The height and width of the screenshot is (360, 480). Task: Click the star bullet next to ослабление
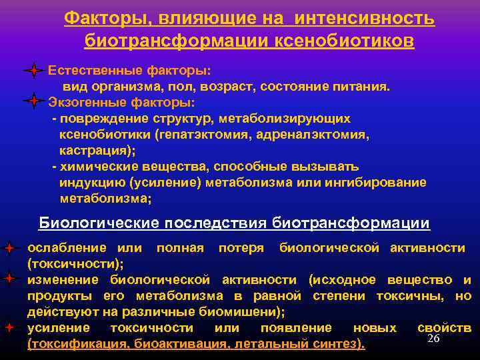(9, 249)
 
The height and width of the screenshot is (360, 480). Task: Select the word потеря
(238, 248)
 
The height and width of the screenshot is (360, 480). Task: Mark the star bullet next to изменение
(9, 279)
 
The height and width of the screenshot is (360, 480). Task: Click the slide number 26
(433, 339)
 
